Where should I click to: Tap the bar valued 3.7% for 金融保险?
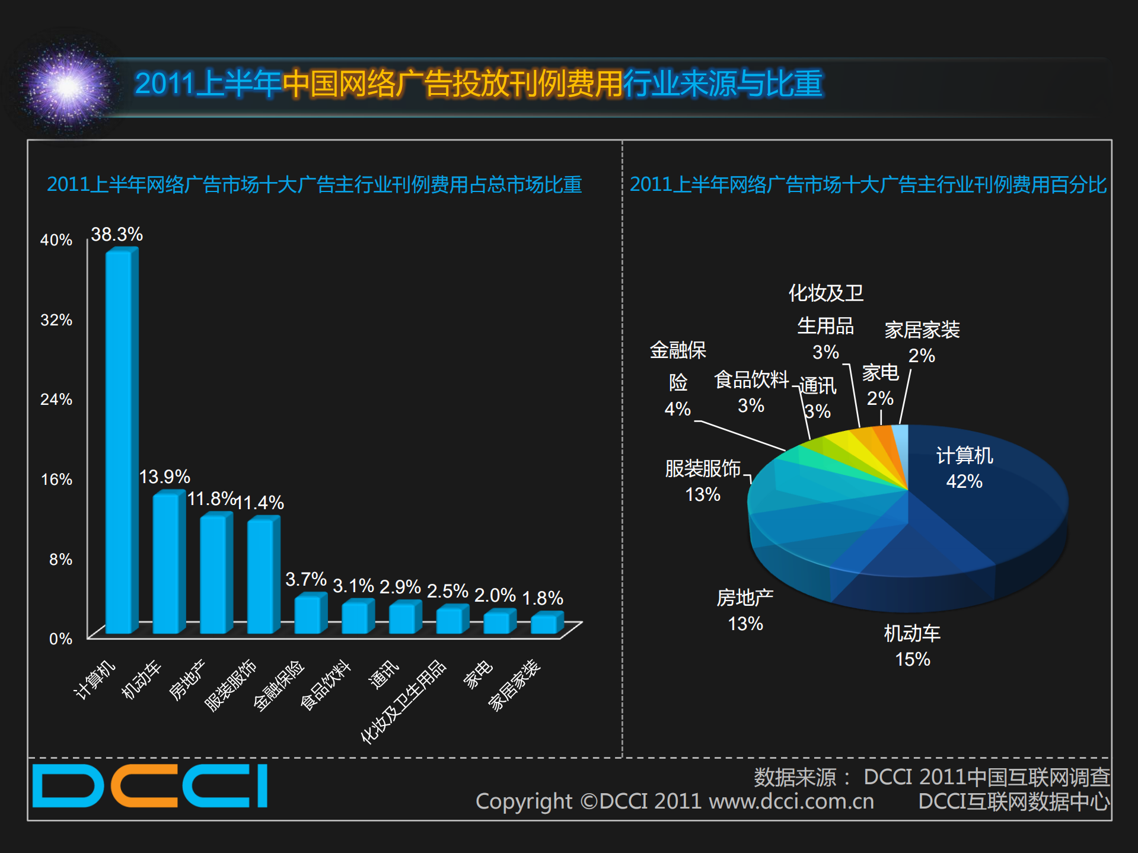pyautogui.click(x=310, y=614)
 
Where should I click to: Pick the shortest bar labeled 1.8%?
pyautogui.click(x=546, y=624)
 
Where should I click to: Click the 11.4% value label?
pyautogui.click(x=260, y=503)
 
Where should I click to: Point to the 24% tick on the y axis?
pyautogui.click(x=56, y=400)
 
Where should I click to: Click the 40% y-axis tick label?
pyautogui.click(x=56, y=240)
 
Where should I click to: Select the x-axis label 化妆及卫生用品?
pyautogui.click(x=403, y=702)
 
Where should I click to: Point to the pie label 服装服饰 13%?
pyautogui.click(x=703, y=481)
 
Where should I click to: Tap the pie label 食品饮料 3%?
pyautogui.click(x=751, y=392)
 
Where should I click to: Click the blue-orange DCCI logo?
pyautogui.click(x=150, y=786)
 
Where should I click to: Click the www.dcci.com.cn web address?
pyautogui.click(x=791, y=801)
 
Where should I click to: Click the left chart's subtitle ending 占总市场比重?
pyautogui.click(x=314, y=184)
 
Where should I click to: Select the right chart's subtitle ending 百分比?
pyautogui.click(x=868, y=184)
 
